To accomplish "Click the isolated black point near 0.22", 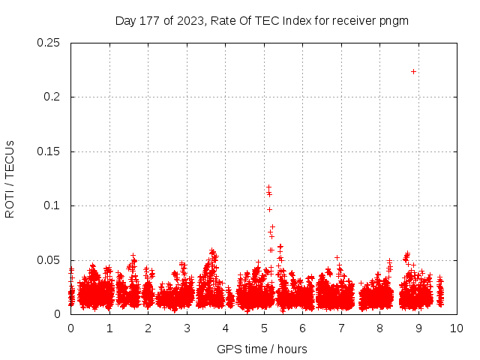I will click(413, 71).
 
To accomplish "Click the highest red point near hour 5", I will click(268, 186).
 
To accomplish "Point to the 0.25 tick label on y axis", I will click(49, 43).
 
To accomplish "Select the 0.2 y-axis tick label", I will click(52, 97).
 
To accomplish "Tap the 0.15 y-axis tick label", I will click(49, 151).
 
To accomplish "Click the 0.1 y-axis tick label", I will click(52, 205).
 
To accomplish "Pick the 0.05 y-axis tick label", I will click(49, 260).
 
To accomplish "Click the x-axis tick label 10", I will click(456, 328).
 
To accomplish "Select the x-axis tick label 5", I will click(263, 328).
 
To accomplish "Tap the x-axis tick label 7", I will click(340, 328).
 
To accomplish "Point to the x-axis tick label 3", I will click(186, 328).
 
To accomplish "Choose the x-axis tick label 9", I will click(418, 328).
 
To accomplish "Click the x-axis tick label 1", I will click(109, 328).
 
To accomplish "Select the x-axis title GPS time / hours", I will click(262, 349).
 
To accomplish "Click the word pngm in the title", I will click(393, 20).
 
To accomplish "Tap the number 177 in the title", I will click(151, 20).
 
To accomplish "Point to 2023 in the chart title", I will click(188, 20).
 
